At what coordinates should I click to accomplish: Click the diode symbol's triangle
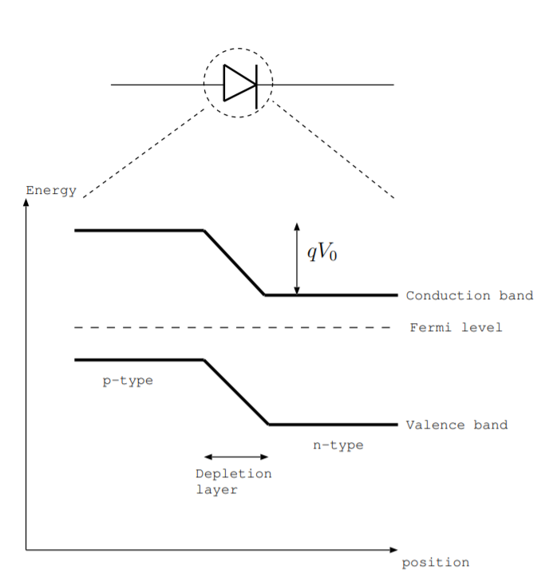[x=237, y=83]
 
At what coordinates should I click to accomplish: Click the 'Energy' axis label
[x=51, y=191]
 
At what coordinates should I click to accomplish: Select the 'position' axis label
[x=435, y=563]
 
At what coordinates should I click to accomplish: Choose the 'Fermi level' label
[x=456, y=327]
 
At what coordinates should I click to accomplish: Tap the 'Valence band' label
[x=456, y=425]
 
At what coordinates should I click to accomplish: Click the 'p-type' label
[x=128, y=381]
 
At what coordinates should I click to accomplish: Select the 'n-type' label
[x=338, y=445]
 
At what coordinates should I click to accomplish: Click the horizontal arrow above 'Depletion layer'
[x=236, y=457]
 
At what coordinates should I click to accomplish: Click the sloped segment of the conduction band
[x=235, y=263]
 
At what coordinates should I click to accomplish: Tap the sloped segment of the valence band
[x=236, y=392]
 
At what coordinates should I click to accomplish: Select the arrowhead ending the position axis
[x=393, y=550]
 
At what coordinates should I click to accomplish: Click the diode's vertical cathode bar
[x=256, y=84]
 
